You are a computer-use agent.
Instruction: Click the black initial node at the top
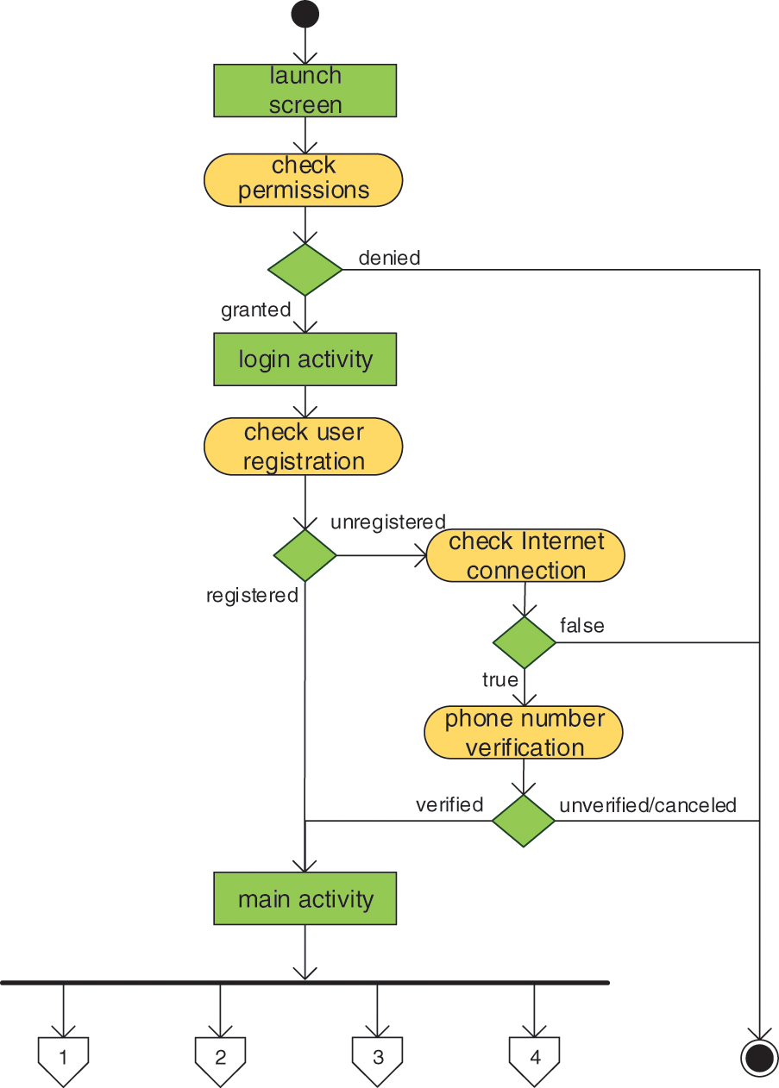[x=305, y=15]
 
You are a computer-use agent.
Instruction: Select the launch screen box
[x=305, y=91]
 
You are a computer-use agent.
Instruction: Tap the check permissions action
[x=304, y=179]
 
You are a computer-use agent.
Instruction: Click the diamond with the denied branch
[x=305, y=270]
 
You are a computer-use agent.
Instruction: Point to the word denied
[x=389, y=258]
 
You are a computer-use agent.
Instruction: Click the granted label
[x=255, y=310]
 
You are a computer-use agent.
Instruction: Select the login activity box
[x=305, y=359]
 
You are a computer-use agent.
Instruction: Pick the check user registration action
[x=304, y=447]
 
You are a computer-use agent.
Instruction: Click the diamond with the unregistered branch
[x=305, y=555]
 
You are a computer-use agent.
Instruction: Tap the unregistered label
[x=387, y=522]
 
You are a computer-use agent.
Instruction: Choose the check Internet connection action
[x=525, y=555]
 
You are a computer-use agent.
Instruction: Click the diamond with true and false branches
[x=525, y=642]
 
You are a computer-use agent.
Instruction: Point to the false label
[x=582, y=625]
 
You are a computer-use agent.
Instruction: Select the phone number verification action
[x=524, y=733]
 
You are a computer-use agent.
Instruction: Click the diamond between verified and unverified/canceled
[x=524, y=821]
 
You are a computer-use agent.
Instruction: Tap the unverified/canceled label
[x=648, y=805]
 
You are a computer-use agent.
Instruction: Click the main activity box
[x=305, y=899]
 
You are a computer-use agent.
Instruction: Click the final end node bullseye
[x=760, y=1058]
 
